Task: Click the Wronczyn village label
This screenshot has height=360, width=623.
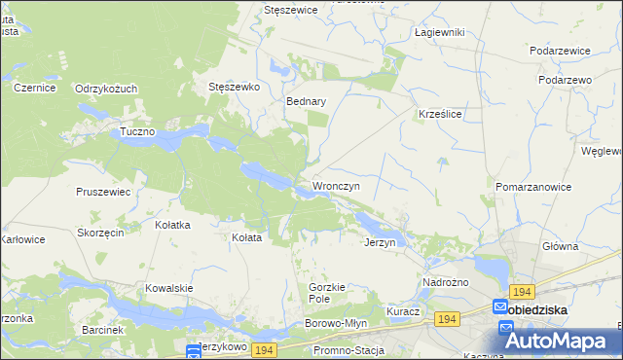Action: (x=336, y=186)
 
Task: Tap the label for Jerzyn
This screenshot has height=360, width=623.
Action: (x=380, y=242)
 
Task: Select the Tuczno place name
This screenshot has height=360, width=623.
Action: (x=137, y=131)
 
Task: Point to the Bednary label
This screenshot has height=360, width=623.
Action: (x=306, y=101)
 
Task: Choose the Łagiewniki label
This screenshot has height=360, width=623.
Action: (x=439, y=32)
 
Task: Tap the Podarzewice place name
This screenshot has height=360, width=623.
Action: (x=561, y=50)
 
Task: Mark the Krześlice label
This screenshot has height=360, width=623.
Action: (x=439, y=114)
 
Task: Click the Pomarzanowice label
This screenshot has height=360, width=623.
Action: (x=533, y=186)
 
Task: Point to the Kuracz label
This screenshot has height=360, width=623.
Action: (x=402, y=311)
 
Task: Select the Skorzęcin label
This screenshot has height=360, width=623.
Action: (x=99, y=234)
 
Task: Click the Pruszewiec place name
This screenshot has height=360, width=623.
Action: (x=103, y=192)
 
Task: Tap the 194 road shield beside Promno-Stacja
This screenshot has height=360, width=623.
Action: (x=263, y=349)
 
